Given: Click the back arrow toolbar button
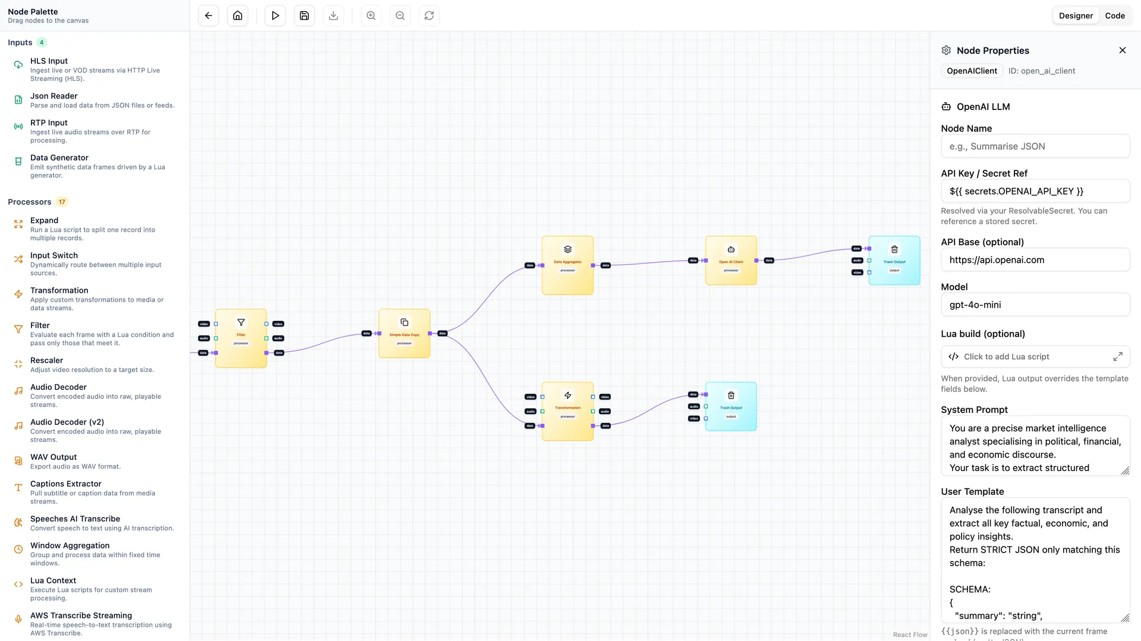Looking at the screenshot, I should [x=209, y=16].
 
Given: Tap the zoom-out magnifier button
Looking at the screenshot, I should [x=400, y=16].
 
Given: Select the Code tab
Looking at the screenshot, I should [x=1114, y=16].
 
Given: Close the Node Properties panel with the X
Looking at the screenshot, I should [x=1122, y=50].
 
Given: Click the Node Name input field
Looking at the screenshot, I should [x=1035, y=146].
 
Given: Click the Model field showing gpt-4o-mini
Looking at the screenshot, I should [x=1035, y=305].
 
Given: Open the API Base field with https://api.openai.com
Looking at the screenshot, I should [x=1035, y=260].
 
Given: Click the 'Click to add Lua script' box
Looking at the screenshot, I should [x=1035, y=356].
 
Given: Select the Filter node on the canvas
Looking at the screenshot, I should [x=241, y=338].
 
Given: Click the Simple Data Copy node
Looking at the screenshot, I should [x=404, y=333].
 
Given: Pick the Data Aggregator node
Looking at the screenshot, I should [x=568, y=265].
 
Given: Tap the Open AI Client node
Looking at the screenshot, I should [x=731, y=260].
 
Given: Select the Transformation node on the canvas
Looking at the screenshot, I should [x=568, y=411].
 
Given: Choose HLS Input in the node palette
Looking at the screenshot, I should [x=49, y=61].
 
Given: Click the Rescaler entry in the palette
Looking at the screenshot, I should [x=47, y=361].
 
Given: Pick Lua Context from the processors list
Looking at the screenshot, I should [x=53, y=580].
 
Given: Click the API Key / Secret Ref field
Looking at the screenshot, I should [x=1035, y=191].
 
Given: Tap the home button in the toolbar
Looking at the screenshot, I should [x=238, y=16].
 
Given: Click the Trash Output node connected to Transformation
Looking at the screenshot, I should [x=731, y=406].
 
